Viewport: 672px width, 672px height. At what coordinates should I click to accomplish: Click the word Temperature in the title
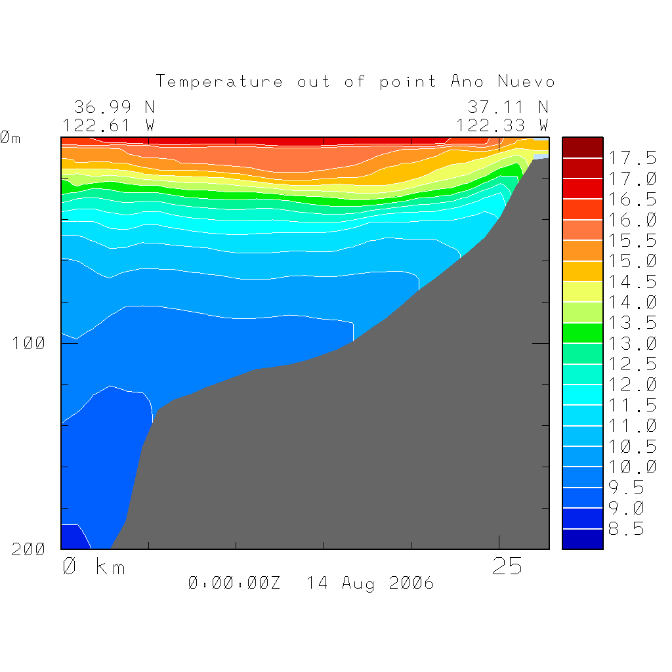pyautogui.click(x=219, y=82)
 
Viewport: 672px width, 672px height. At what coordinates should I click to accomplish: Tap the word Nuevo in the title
pyautogui.click(x=526, y=82)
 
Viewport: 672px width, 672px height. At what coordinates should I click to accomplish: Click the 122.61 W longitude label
pyautogui.click(x=109, y=125)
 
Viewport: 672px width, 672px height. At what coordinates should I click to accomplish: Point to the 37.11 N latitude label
pyautogui.click(x=507, y=107)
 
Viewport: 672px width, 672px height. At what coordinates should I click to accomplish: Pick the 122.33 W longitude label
pyautogui.click(x=502, y=125)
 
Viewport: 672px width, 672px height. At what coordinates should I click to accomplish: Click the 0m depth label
pyautogui.click(x=10, y=138)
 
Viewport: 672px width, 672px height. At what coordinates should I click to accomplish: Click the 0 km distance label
pyautogui.click(x=94, y=567)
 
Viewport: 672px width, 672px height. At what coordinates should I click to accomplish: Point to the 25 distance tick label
pyautogui.click(x=507, y=567)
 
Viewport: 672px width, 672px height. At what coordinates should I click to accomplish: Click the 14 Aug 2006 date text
pyautogui.click(x=370, y=583)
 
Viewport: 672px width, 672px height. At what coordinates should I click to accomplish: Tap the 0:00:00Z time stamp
pyautogui.click(x=234, y=583)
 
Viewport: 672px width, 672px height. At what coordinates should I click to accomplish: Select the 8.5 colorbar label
pyautogui.click(x=626, y=529)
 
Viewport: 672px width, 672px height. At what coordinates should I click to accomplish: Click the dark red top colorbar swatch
pyautogui.click(x=582, y=148)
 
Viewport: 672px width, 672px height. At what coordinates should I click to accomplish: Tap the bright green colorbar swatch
pyautogui.click(x=582, y=333)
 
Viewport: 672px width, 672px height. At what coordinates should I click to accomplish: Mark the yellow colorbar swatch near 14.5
pyautogui.click(x=582, y=291)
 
